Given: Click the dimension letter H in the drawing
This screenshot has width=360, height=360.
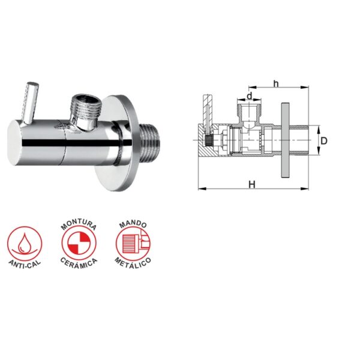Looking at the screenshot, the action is point(252,185).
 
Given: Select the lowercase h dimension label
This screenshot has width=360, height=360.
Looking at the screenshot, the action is point(276,84).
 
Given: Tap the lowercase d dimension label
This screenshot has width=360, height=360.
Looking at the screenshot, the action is point(250,96).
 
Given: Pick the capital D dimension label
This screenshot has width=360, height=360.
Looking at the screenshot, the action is point(323,141).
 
